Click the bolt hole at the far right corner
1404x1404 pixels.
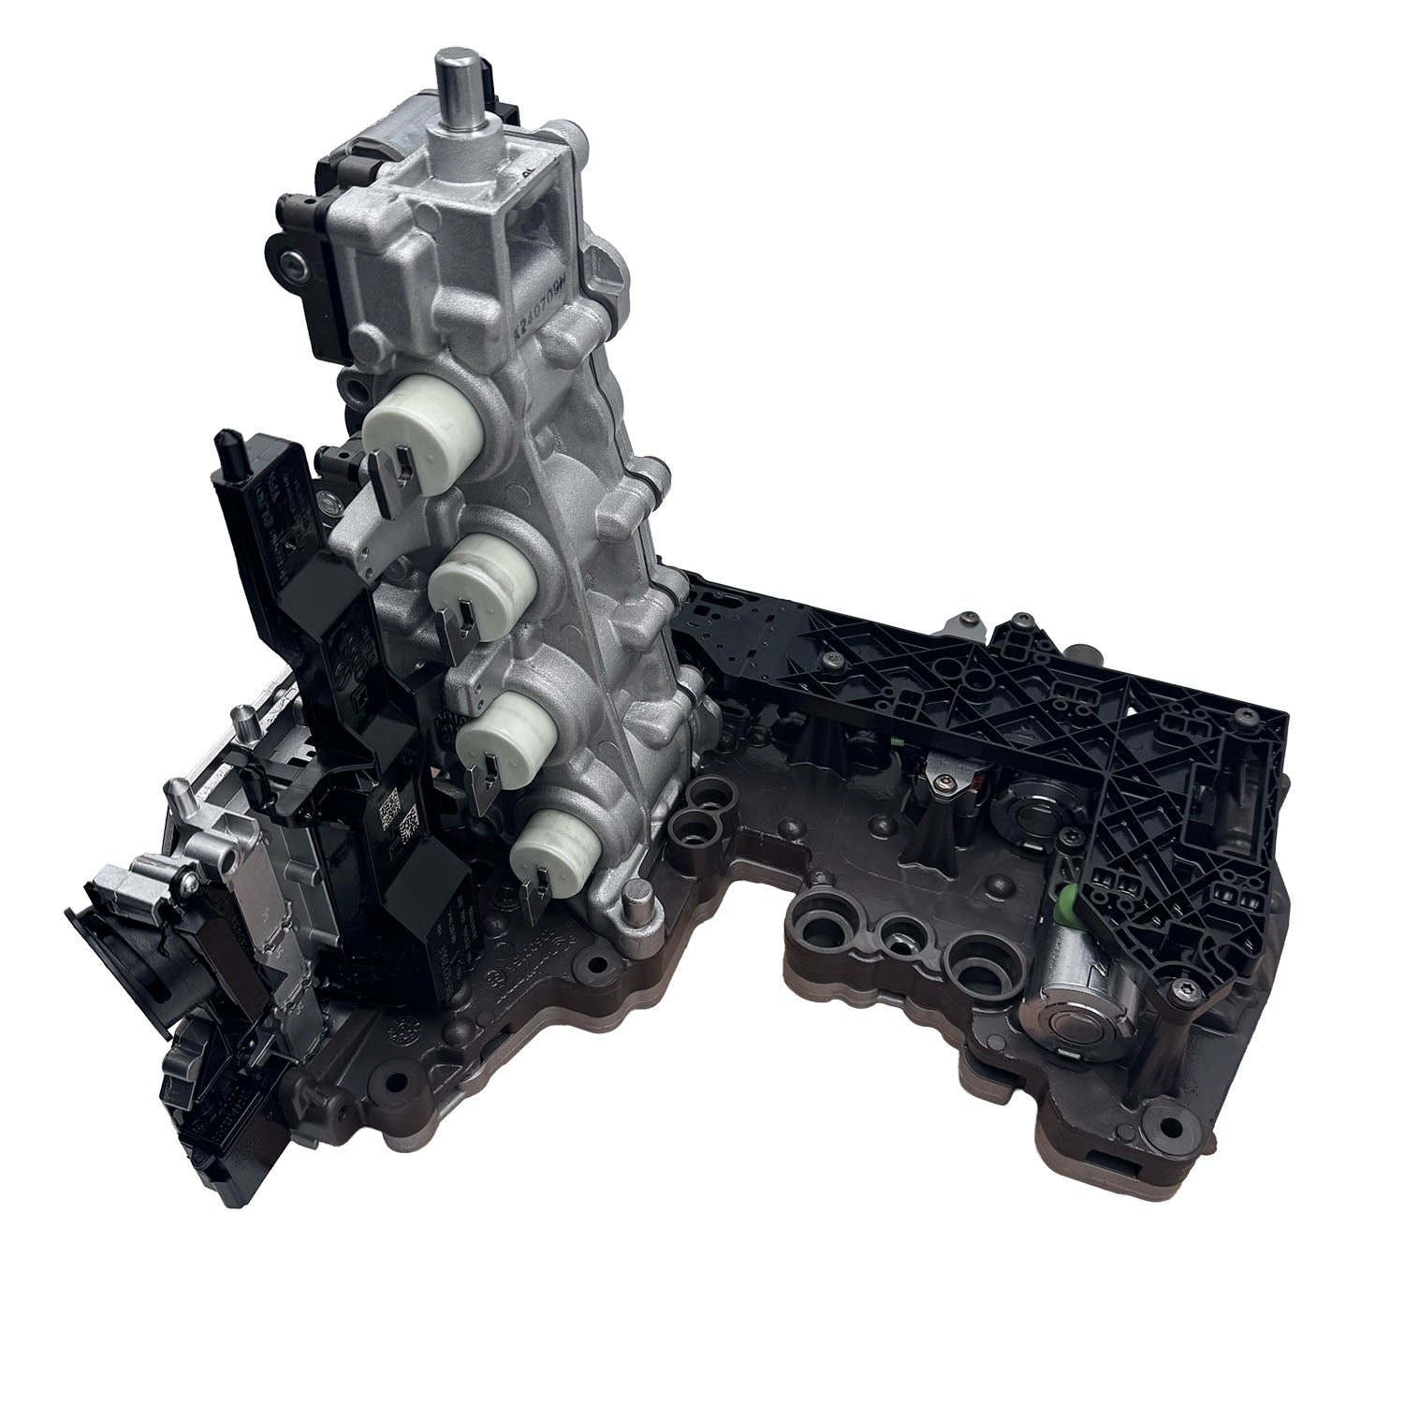pos(1166,1122)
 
